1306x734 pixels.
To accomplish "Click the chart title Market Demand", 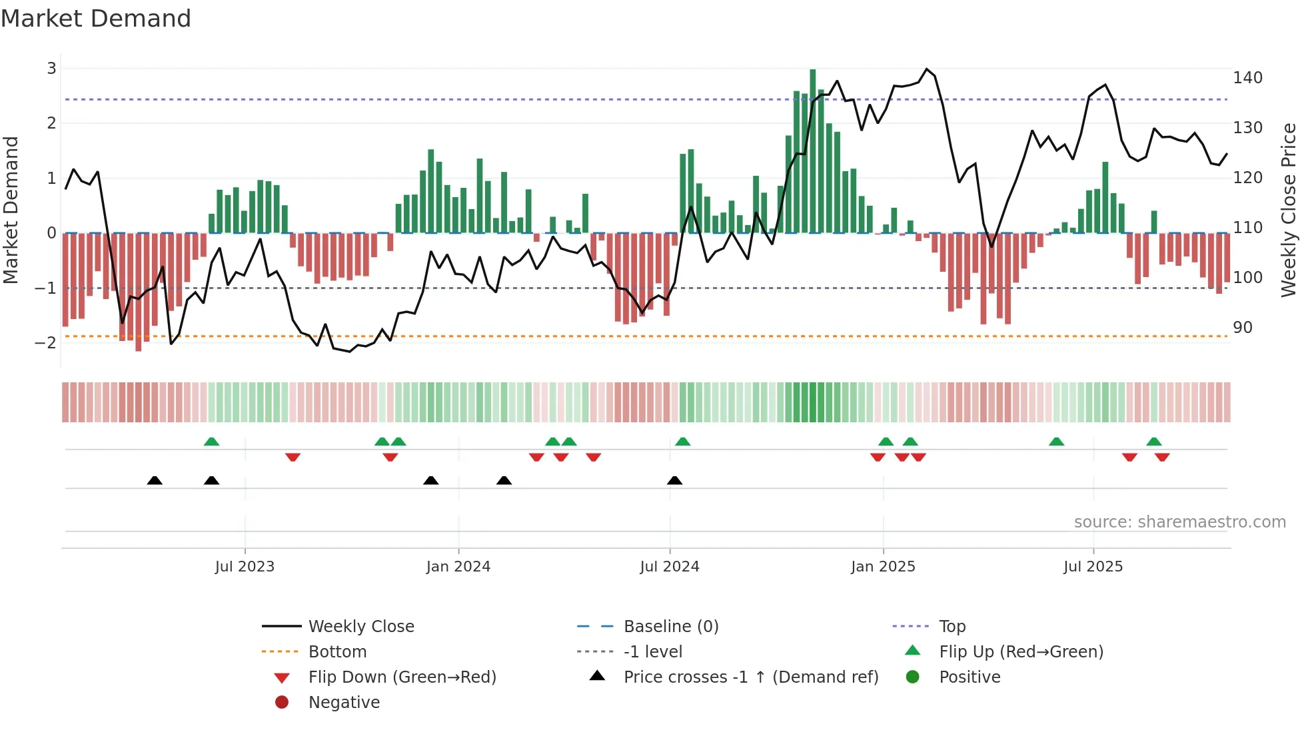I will (x=96, y=19).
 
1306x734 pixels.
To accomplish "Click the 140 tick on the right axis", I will (x=1247, y=78).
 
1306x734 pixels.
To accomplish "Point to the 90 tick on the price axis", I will (x=1242, y=328).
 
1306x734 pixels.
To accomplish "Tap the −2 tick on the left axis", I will (x=45, y=343).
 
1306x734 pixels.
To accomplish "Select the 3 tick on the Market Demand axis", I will (x=51, y=68).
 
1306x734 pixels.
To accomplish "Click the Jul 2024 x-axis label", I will (x=669, y=567).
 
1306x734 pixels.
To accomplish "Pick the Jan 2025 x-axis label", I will (x=883, y=567).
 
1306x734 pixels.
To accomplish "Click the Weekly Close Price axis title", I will (x=1289, y=210).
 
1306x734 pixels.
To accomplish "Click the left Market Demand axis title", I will (x=11, y=210).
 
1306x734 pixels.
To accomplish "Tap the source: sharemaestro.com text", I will (x=1179, y=522).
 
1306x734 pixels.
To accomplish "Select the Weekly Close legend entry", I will (x=360, y=627).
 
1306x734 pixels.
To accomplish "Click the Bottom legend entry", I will (x=337, y=652).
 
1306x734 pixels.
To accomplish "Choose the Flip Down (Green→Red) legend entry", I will (x=402, y=677).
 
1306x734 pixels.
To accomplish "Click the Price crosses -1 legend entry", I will (x=750, y=677).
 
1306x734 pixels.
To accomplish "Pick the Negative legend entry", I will (x=344, y=703).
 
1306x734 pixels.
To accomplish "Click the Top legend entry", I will (x=952, y=627).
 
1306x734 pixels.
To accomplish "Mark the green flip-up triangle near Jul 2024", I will (x=683, y=442).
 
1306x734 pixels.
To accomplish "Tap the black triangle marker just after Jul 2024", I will (x=675, y=481).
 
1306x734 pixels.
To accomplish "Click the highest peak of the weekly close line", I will (x=927, y=69).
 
